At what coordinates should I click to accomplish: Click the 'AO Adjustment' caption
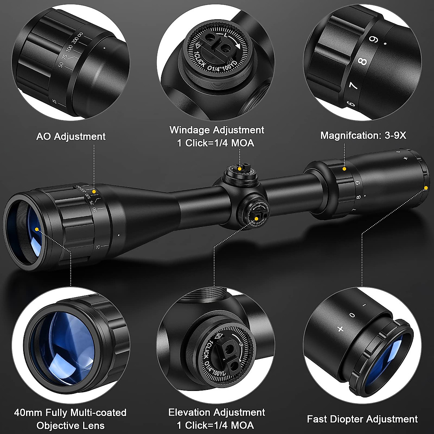click(71, 136)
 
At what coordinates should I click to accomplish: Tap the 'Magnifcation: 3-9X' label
click(363, 135)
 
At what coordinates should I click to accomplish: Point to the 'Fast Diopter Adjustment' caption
click(362, 419)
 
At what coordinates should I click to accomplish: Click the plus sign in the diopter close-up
click(340, 329)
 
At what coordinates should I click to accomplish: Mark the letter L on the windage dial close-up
click(226, 36)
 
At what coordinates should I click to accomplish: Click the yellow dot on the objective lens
click(37, 229)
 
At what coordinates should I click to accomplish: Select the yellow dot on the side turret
click(256, 218)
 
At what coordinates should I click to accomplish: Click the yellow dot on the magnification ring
click(344, 169)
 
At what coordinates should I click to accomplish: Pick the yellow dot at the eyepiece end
click(426, 187)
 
